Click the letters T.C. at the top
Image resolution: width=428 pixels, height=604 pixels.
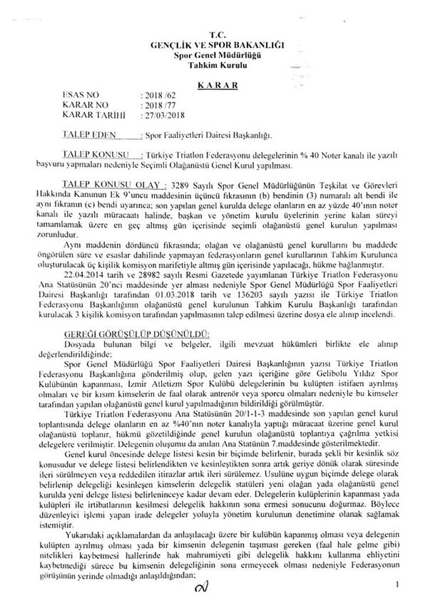coord(213,35)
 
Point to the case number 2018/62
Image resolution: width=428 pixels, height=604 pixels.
coord(158,94)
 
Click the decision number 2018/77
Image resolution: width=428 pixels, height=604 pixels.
coord(158,104)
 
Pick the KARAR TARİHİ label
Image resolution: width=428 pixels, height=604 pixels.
coord(93,114)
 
